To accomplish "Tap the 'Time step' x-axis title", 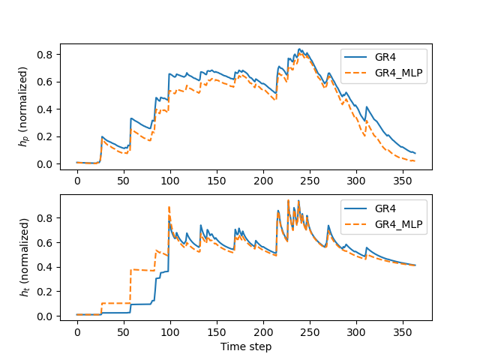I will click(x=246, y=346).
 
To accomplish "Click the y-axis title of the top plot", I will click(x=24, y=106).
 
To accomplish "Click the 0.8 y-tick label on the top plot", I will click(x=45, y=55).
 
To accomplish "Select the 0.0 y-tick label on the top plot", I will click(x=45, y=164).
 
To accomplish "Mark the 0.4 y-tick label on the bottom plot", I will click(x=45, y=267).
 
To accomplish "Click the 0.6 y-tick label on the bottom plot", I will click(x=45, y=243).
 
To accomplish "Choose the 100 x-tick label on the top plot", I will click(x=170, y=181).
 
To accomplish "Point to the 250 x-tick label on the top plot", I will click(x=310, y=181).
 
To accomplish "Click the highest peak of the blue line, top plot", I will click(x=299, y=49).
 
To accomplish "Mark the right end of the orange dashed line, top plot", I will click(x=415, y=160).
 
